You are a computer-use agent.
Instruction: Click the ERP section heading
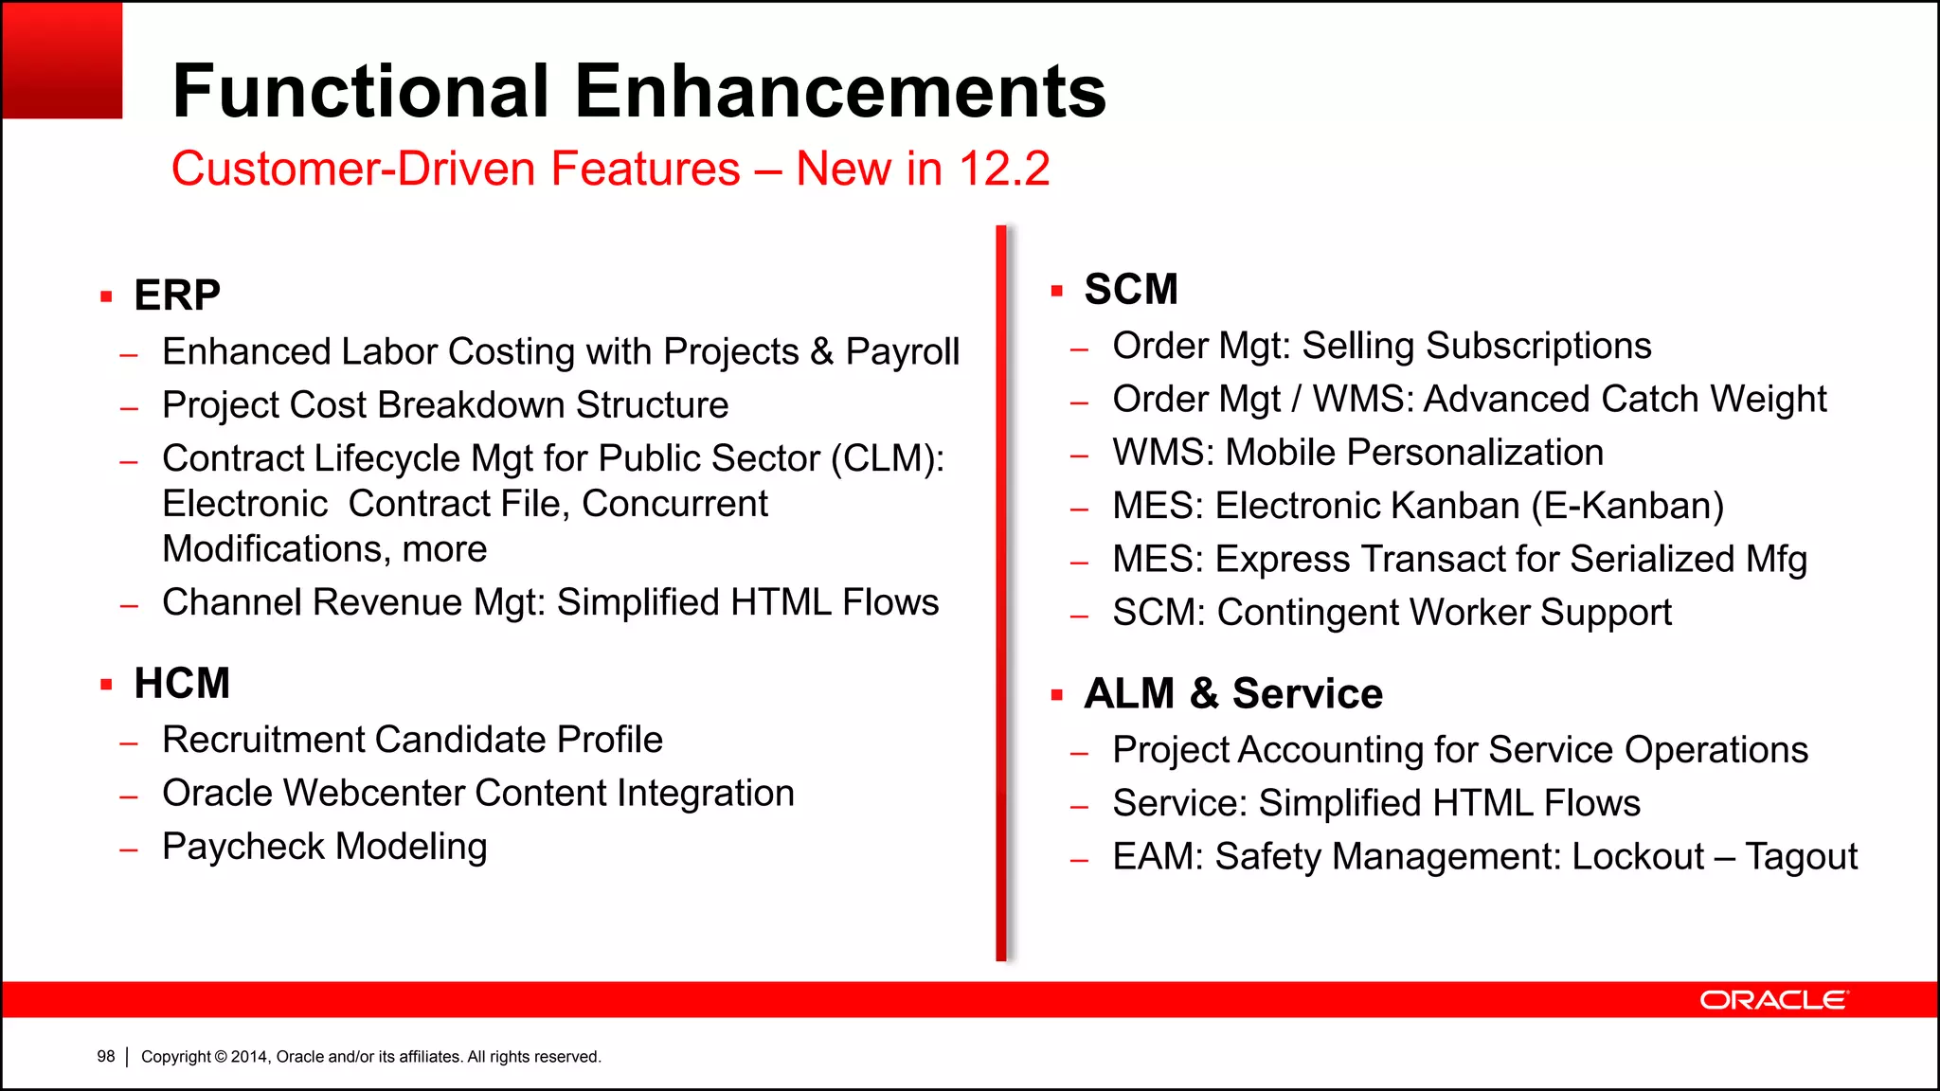pyautogui.click(x=177, y=295)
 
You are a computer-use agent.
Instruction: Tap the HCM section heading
pyautogui.click(x=182, y=684)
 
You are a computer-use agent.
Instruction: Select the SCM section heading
pyautogui.click(x=1131, y=290)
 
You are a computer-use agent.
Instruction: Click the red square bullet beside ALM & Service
pyautogui.click(x=1057, y=696)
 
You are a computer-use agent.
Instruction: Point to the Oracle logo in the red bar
pyautogui.click(x=1773, y=1000)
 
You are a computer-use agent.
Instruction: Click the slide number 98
pyautogui.click(x=105, y=1057)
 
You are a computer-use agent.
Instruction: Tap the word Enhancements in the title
pyautogui.click(x=840, y=92)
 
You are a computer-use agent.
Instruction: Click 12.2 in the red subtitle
pyautogui.click(x=1004, y=170)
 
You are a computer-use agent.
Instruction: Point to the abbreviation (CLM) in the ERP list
pyautogui.click(x=888, y=459)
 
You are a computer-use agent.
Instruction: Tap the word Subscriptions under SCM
pyautogui.click(x=1537, y=347)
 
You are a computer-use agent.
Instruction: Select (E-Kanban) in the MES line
pyautogui.click(x=1627, y=507)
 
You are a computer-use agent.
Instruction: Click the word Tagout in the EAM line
pyautogui.click(x=1801, y=857)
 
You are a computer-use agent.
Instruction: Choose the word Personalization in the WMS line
pyautogui.click(x=1414, y=453)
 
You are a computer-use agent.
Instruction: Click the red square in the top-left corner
pyautogui.click(x=62, y=60)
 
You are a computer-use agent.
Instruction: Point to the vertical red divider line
pyautogui.click(x=1001, y=593)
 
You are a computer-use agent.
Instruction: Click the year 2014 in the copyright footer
pyautogui.click(x=249, y=1057)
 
